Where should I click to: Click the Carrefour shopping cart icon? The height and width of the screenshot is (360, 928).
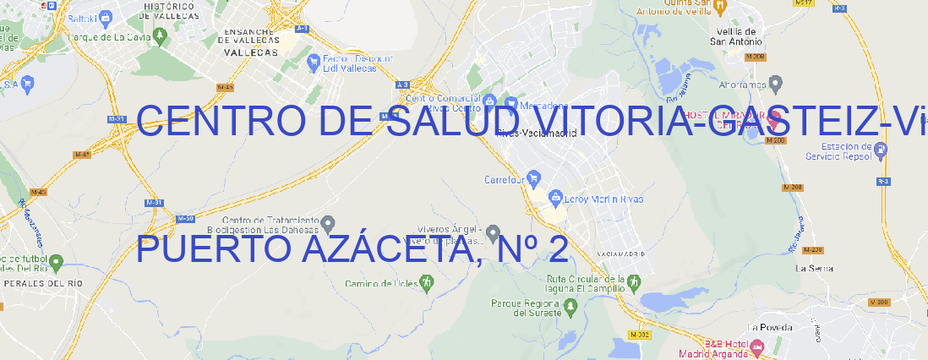click(534, 179)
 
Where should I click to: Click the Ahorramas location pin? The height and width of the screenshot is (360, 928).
click(777, 83)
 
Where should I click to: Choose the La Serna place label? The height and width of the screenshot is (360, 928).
click(815, 268)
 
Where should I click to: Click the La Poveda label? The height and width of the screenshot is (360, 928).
click(770, 327)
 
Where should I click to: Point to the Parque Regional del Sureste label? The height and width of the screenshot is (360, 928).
click(526, 308)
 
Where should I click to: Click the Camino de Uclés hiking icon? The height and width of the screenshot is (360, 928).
click(426, 281)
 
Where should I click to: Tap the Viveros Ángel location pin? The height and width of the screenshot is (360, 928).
click(494, 232)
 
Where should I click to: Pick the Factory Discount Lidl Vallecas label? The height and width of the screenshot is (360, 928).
click(358, 63)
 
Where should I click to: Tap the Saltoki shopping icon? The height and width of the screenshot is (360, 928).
click(105, 17)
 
